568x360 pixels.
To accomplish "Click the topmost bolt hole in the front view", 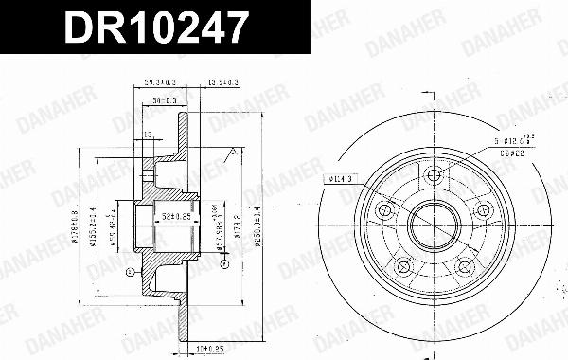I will click(434, 173).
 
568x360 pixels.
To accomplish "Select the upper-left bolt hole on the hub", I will click(383, 210).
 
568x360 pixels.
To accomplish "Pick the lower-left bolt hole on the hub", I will click(402, 269).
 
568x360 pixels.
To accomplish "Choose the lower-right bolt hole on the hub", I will click(465, 269).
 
